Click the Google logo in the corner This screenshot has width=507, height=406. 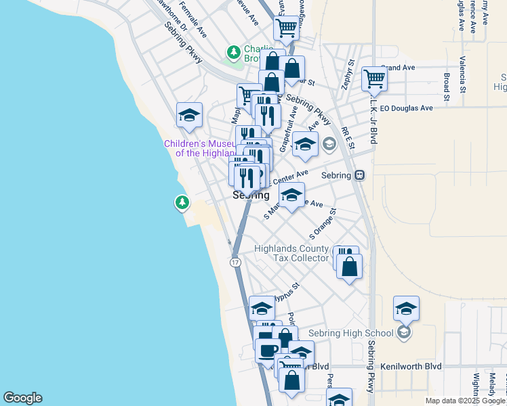pyautogui.click(x=22, y=398)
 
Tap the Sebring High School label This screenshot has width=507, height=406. pyautogui.click(x=350, y=333)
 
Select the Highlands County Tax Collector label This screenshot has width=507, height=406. pyautogui.click(x=291, y=253)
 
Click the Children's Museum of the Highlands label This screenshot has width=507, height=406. pyautogui.click(x=201, y=148)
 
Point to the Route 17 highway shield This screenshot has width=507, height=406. pyautogui.click(x=235, y=262)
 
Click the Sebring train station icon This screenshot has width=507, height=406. pyautogui.click(x=360, y=175)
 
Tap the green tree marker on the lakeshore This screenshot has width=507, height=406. pyautogui.click(x=182, y=202)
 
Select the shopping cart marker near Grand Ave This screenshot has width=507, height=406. pyautogui.click(x=374, y=78)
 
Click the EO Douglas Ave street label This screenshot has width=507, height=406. pyautogui.click(x=406, y=108)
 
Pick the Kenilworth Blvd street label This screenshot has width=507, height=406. pyautogui.click(x=411, y=366)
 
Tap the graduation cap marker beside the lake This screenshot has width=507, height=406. pyautogui.click(x=190, y=114)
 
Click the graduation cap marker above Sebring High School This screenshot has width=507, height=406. pyautogui.click(x=406, y=309)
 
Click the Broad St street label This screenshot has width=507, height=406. pyautogui.click(x=447, y=87)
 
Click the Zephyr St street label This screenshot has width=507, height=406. pyautogui.click(x=347, y=74)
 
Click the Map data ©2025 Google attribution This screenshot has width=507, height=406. pyautogui.click(x=466, y=401)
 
